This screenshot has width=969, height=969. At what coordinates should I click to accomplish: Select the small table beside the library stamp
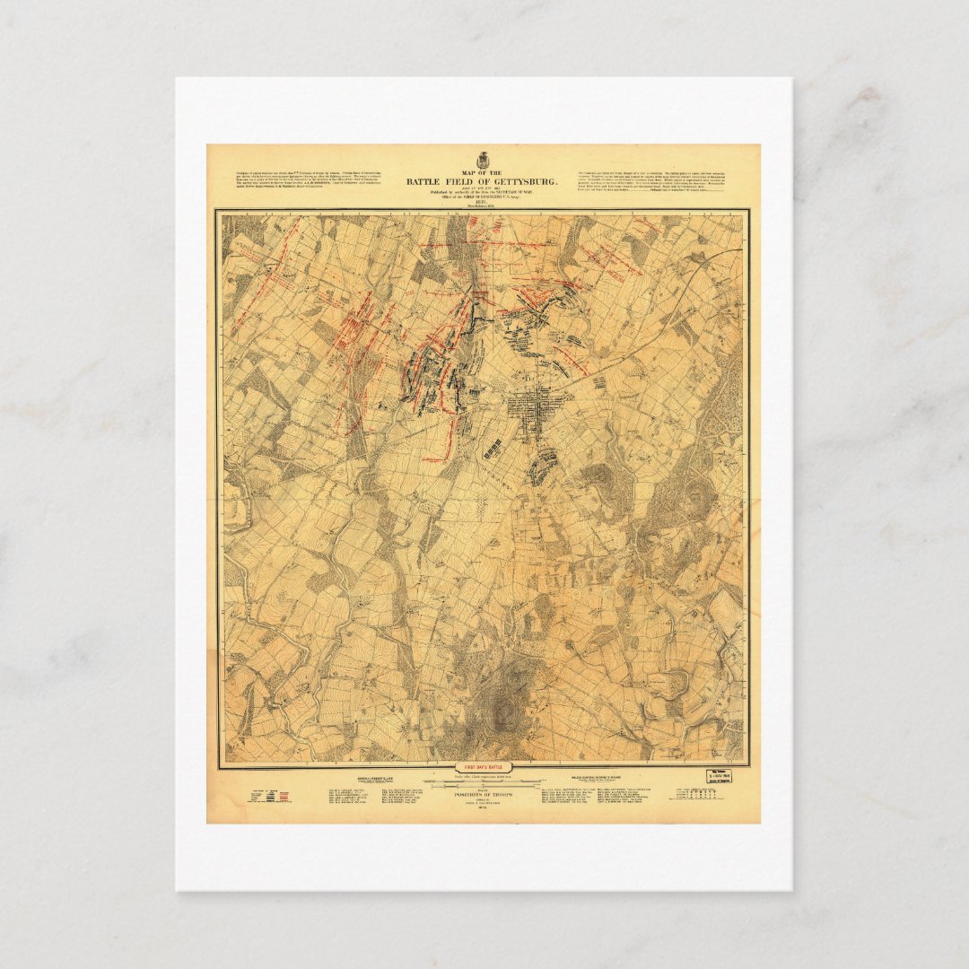coord(694,796)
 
